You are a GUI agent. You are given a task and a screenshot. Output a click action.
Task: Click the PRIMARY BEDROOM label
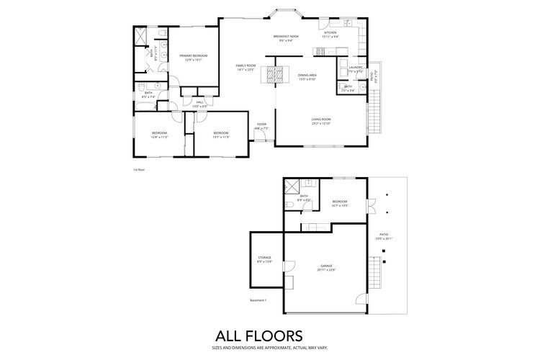pos(194,58)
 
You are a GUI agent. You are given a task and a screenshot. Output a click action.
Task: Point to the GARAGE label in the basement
pos(327,267)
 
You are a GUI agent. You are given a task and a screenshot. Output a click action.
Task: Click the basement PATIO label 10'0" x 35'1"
pos(386,236)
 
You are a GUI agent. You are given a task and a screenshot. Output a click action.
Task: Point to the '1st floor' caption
pos(139,170)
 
